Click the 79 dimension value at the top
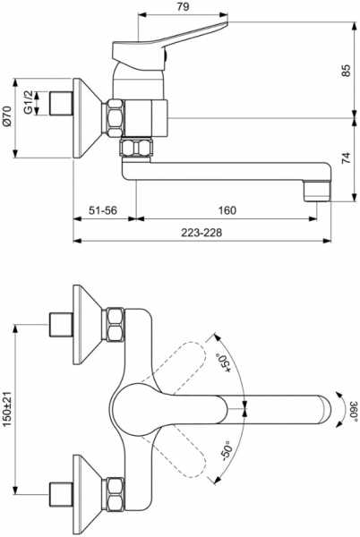pos(184,7)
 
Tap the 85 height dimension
pos(347,70)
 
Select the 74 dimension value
pos(347,158)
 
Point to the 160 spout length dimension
pos(227,210)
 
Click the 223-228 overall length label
pos(201,233)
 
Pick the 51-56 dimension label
pos(103,210)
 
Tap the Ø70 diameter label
pos(7,116)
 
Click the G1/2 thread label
pos(29,102)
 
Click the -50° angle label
pos(227,452)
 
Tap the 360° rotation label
pos(354,409)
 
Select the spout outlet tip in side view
pos(317,191)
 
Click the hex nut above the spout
pos(137,147)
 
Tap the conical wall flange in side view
pos(89,118)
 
